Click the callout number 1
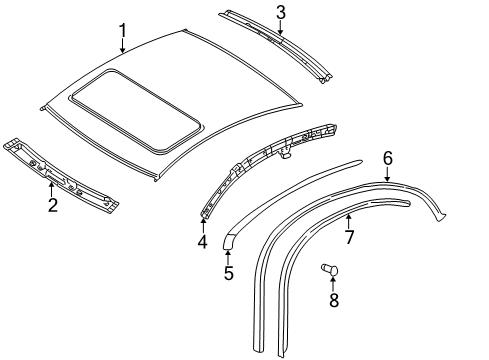coord(123,31)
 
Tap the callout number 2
coord(53,205)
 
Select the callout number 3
coord(281,12)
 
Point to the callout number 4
coord(203,241)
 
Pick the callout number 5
coord(229,273)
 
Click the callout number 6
coord(388,158)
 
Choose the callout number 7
coord(349,237)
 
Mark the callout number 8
coord(334,300)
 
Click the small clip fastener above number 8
coord(330,269)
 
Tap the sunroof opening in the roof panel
coord(136,110)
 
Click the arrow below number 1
coord(123,46)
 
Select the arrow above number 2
coord(51,189)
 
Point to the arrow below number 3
coord(281,27)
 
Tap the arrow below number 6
coord(387,174)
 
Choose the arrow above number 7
coord(349,222)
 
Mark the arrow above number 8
coord(333,284)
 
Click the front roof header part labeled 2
coord(61,174)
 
